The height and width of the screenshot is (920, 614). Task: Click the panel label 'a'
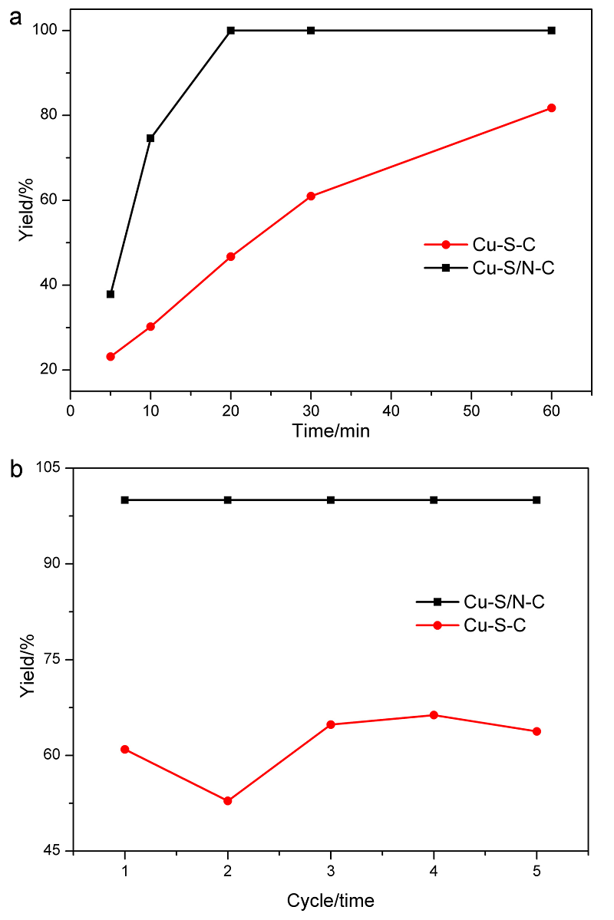coord(15,18)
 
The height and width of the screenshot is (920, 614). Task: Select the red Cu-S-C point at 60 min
coord(551,108)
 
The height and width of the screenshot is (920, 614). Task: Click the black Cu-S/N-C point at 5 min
coord(111,294)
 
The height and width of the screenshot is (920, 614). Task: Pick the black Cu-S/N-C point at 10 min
coord(150,138)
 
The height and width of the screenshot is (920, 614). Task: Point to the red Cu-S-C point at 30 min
coord(311,196)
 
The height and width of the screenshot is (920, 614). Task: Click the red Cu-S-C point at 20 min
coord(230,256)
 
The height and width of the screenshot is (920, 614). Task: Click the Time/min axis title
coord(331,431)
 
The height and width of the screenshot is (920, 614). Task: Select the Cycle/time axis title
coord(331,899)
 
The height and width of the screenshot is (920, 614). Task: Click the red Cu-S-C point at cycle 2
coord(227,801)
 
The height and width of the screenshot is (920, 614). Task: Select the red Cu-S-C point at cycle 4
coord(434,715)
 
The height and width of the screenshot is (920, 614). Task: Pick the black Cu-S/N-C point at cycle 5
coord(536,500)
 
